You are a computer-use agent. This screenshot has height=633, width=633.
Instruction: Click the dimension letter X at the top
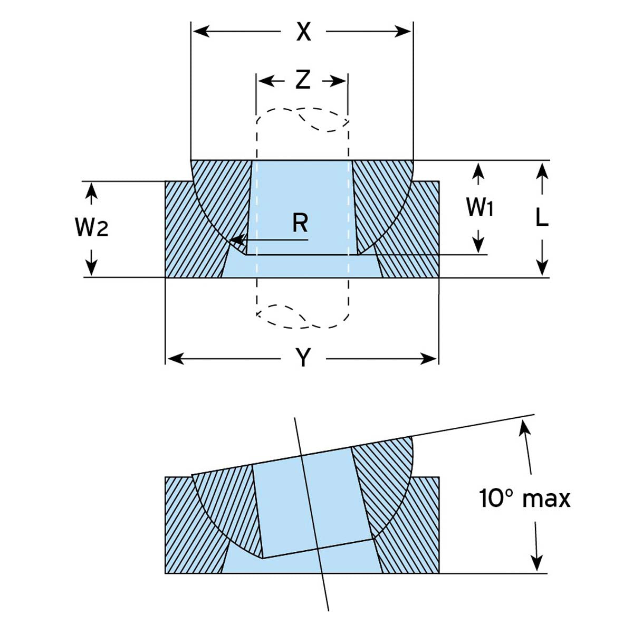(303, 32)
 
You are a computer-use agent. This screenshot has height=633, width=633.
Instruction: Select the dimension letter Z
(302, 80)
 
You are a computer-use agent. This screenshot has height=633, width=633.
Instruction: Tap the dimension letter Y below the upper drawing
(303, 359)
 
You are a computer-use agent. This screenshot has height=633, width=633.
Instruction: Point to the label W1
(479, 207)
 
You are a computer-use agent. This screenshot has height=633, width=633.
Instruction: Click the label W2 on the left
(91, 227)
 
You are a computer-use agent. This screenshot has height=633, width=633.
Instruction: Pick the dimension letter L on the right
(542, 217)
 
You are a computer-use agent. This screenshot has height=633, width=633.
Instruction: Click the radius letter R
(300, 223)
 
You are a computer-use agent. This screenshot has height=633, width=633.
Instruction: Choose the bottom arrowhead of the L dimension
(542, 268)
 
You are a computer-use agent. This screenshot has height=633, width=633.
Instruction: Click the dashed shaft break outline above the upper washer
(302, 120)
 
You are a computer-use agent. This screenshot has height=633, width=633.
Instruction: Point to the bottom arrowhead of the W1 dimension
(478, 245)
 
